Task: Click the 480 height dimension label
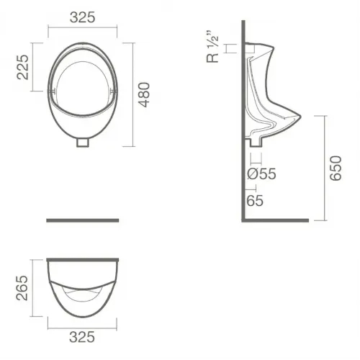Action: (x=144, y=94)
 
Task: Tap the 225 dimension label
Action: (x=22, y=67)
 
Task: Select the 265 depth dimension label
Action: (x=22, y=288)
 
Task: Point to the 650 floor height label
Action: (x=336, y=168)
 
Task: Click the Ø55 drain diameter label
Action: (x=261, y=174)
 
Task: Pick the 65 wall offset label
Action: (x=255, y=200)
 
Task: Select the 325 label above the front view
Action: (x=83, y=17)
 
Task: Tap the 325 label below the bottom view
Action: (x=82, y=337)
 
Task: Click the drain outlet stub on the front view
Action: (x=83, y=143)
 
